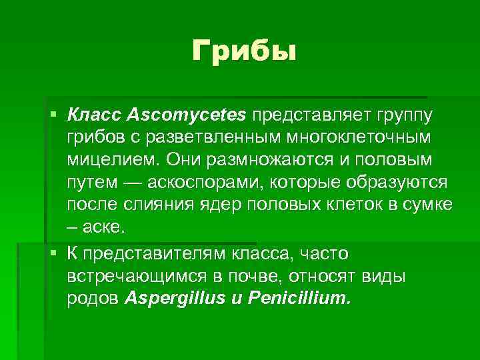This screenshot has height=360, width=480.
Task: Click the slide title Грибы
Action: click(x=243, y=50)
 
